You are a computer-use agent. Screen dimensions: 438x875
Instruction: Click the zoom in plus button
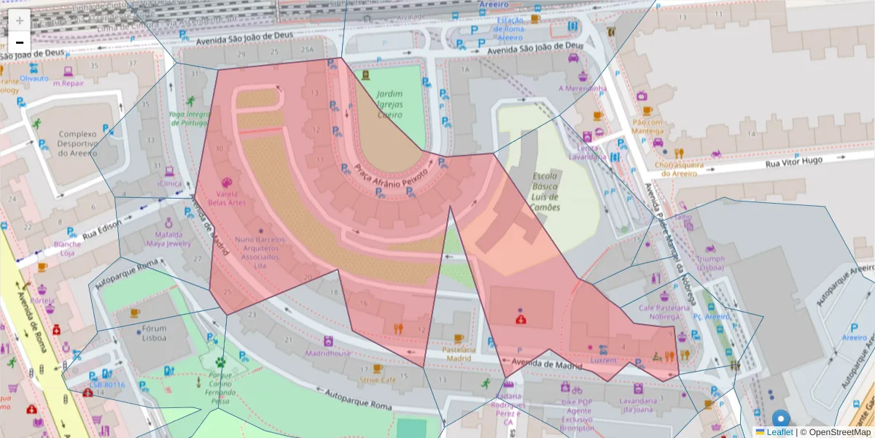20,20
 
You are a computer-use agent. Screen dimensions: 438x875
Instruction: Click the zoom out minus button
20,42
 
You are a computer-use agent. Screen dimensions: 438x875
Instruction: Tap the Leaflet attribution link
779,432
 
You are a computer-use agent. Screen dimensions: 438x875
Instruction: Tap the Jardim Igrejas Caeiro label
390,104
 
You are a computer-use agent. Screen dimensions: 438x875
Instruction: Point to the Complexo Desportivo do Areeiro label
77,143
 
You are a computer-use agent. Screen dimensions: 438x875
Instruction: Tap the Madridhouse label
328,353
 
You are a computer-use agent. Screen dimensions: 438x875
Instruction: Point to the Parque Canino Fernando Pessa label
219,388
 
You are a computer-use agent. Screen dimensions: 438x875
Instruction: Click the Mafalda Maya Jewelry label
168,239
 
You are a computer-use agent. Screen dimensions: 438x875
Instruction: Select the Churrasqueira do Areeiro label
677,169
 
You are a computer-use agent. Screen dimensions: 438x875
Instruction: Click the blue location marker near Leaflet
781,419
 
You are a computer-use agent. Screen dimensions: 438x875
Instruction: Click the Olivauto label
34,78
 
